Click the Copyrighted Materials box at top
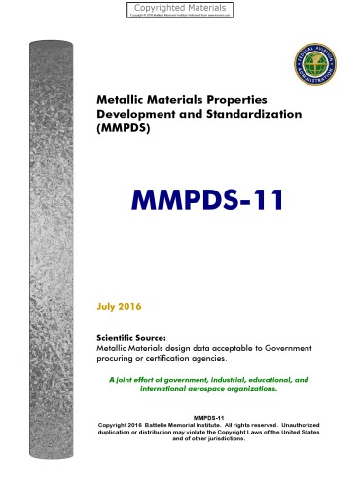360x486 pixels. coord(179,10)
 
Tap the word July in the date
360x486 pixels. coord(107,307)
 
